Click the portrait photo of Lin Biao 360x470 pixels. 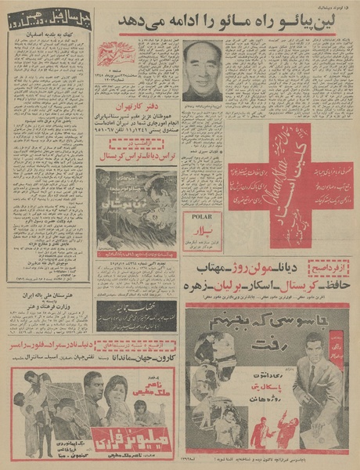pyautogui.click(x=202, y=70)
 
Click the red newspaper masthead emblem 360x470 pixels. pyautogui.click(x=116, y=53)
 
